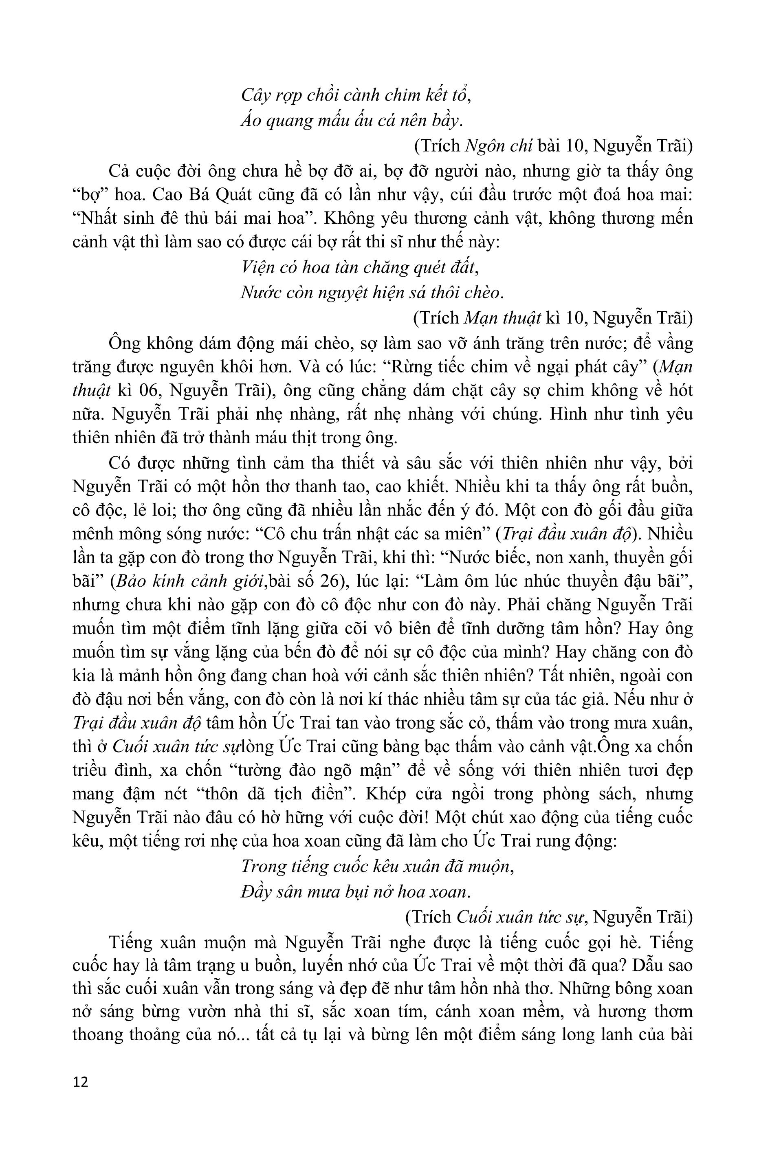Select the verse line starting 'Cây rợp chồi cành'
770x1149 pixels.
pyautogui.click(x=356, y=95)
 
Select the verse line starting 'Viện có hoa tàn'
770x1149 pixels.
pyautogui.click(x=359, y=268)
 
